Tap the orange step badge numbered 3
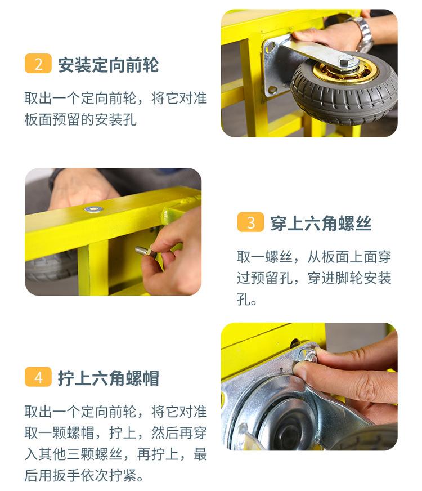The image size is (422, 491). point(250,222)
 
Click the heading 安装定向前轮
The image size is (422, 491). point(109,65)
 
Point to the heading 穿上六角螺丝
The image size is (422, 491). point(321,224)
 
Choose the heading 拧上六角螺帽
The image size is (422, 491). point(109,378)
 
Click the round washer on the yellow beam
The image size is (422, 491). point(93,208)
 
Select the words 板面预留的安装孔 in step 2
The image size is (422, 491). point(80,119)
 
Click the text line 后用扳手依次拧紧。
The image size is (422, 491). point(84,476)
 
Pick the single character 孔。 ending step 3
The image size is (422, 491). point(246,299)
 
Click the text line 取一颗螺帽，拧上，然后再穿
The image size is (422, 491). point(115,433)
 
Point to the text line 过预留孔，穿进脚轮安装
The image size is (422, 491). point(314,278)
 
